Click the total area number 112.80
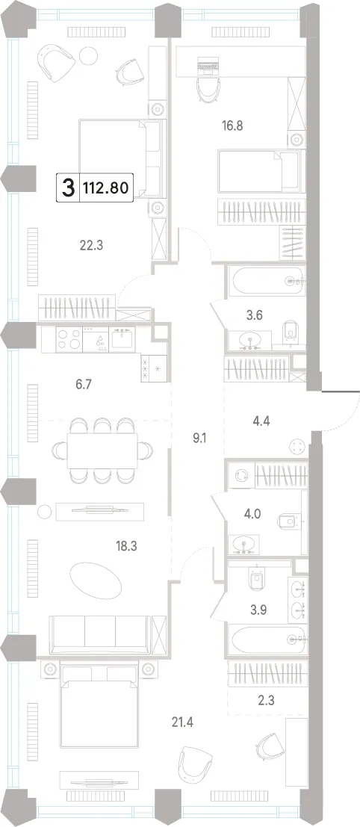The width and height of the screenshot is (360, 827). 105,187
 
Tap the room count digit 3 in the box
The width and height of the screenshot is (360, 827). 68,188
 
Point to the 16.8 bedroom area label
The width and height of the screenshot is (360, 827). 232,126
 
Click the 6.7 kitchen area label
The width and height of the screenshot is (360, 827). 84,385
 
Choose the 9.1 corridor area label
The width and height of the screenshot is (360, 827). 199,437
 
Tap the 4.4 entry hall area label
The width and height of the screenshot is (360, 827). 258,406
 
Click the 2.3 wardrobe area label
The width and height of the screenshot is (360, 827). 266,701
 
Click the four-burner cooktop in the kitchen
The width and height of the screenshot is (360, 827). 69,338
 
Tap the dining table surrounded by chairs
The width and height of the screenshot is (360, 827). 102,450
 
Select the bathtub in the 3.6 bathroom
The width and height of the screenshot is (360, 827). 266,281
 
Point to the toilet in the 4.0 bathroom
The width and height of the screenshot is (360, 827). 288,521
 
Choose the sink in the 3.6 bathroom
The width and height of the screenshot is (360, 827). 249,340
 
